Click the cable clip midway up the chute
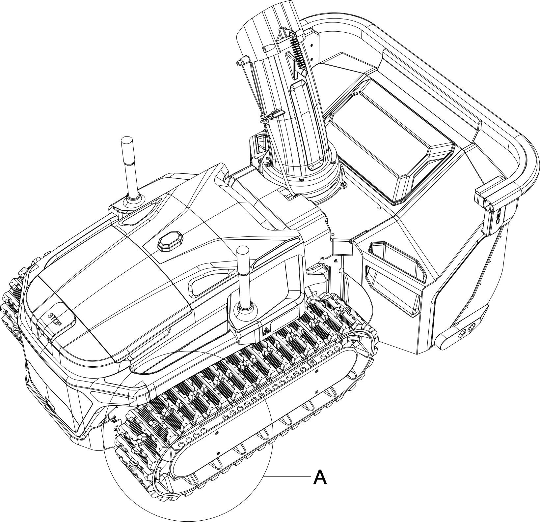tap(273, 115)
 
